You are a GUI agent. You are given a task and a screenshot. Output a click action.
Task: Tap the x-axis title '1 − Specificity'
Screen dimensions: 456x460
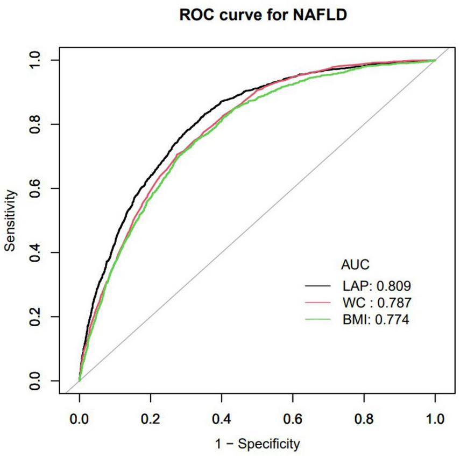coord(257,444)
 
